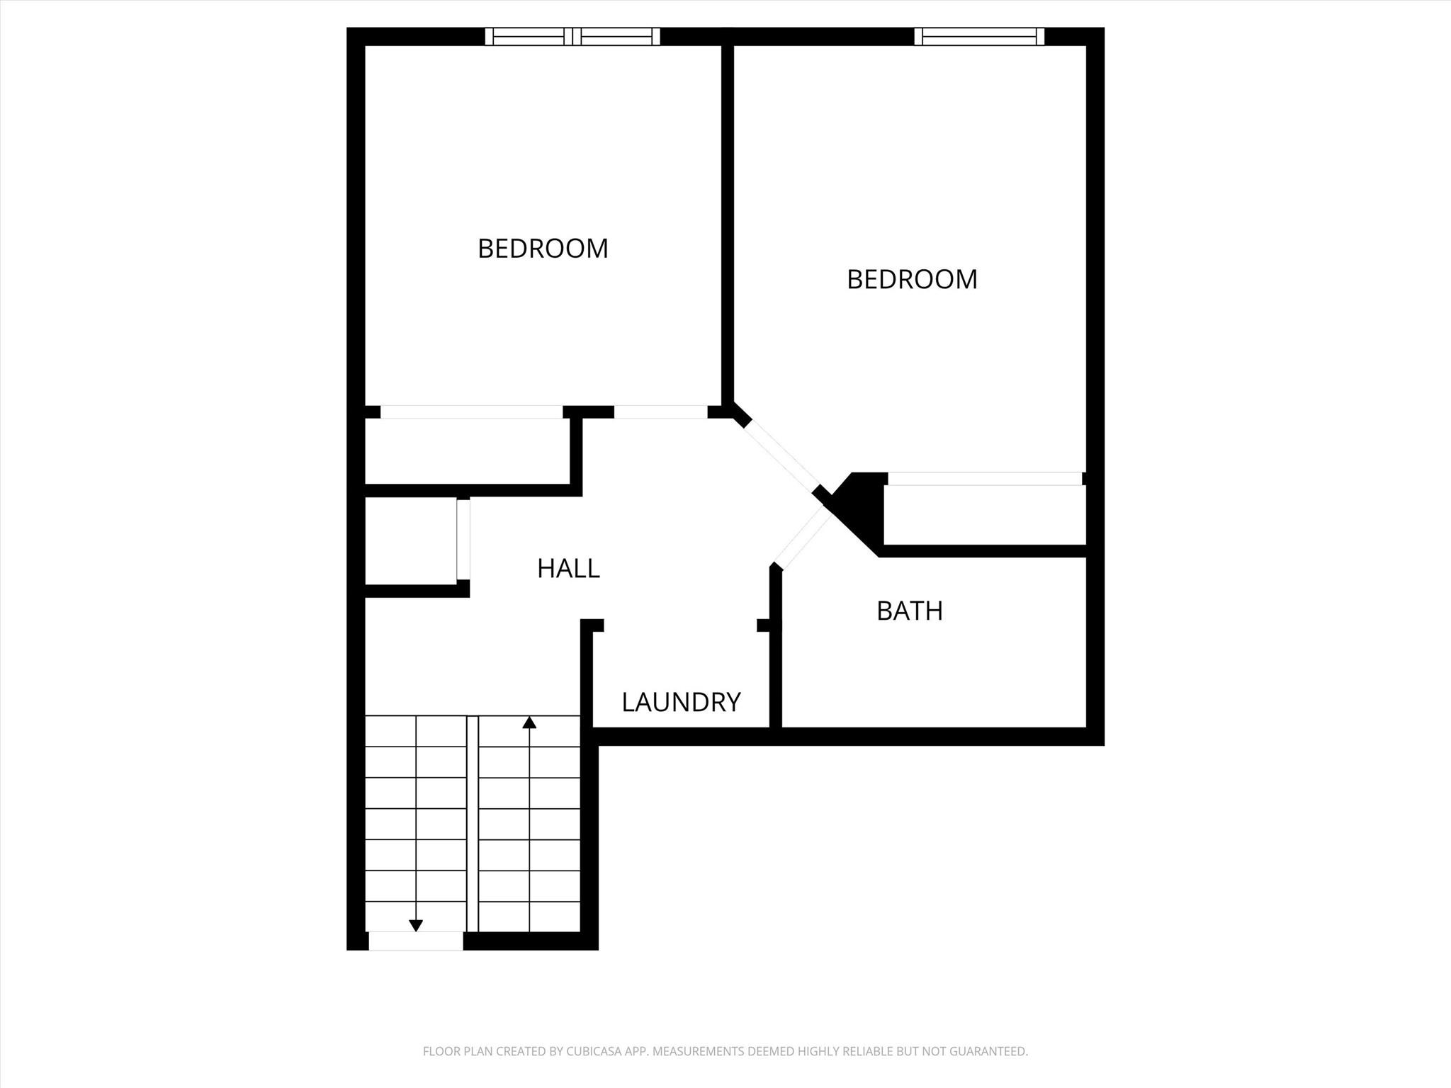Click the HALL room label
point(568,568)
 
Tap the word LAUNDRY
point(681,702)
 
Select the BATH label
point(910,611)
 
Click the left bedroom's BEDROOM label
point(543,249)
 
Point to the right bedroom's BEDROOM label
point(912,279)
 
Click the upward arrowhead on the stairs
point(529,722)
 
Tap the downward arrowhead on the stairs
point(416,925)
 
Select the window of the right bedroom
point(979,36)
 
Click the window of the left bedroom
point(572,36)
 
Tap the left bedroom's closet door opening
point(472,412)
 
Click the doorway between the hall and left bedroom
point(661,412)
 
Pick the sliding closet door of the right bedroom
point(985,479)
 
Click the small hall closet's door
point(463,540)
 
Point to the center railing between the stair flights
point(473,824)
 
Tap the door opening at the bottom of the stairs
point(416,941)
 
